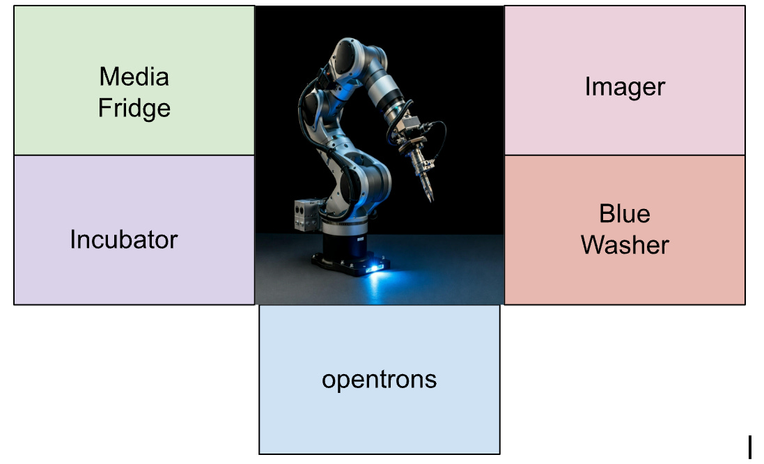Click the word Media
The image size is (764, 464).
134,76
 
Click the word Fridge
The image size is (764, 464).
134,108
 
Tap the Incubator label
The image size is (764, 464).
124,240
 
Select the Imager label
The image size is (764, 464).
625,87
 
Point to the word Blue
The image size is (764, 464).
624,213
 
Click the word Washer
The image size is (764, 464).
625,245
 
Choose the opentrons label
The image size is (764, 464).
379,380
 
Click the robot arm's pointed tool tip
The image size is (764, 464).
430,198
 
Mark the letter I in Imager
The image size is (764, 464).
588,86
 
